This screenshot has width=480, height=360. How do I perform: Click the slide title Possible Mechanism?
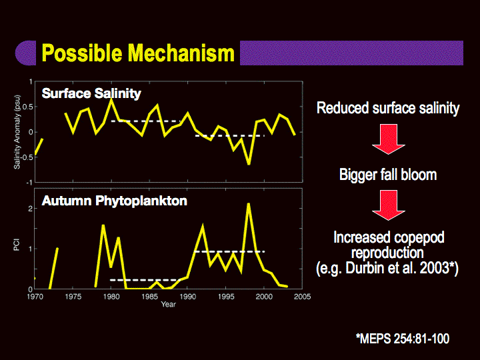pos(138,53)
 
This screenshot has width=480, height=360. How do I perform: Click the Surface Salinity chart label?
pos(91,93)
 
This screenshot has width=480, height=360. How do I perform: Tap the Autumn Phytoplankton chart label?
pos(114,201)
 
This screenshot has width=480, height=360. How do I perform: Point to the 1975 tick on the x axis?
pos(73,297)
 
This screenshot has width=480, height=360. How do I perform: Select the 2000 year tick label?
pos(264,297)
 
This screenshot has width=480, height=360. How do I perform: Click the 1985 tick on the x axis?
pos(149,297)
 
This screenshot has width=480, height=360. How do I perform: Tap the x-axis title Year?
pos(169,304)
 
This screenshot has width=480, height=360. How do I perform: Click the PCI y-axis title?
pos(17,245)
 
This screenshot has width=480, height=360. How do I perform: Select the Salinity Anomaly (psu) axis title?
pos(17,132)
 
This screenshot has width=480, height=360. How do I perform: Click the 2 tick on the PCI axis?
pos(30,209)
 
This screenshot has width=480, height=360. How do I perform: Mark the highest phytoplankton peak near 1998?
pos(249,203)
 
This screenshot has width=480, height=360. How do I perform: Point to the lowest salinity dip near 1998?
pos(249,164)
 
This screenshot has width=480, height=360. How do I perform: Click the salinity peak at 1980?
pos(111,99)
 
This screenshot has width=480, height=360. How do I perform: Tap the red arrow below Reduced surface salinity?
pos(389,139)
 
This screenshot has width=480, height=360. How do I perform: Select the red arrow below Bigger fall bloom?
pos(389,205)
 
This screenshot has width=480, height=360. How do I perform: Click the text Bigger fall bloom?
pos(388,175)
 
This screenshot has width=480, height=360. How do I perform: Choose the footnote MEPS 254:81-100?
pos(403,339)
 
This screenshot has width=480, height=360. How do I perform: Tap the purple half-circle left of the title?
pos(26,53)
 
